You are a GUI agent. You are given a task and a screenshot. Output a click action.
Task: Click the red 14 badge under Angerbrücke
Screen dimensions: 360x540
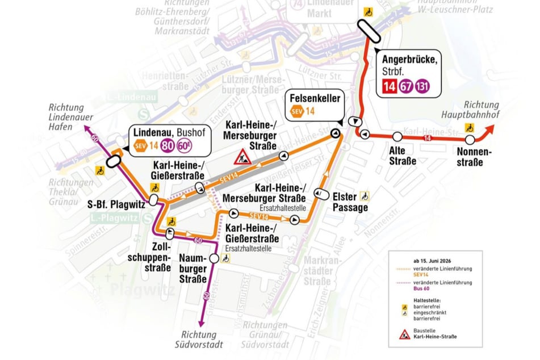tap(390, 86)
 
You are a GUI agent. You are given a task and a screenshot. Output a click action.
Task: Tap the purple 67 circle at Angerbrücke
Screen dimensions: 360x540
tap(406, 86)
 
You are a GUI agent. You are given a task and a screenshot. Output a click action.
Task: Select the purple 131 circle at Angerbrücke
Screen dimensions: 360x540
tap(422, 86)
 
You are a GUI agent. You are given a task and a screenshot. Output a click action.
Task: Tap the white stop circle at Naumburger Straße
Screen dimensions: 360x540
tap(214, 258)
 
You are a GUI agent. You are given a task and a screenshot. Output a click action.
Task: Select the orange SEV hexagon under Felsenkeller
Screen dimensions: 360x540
tap(297, 111)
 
